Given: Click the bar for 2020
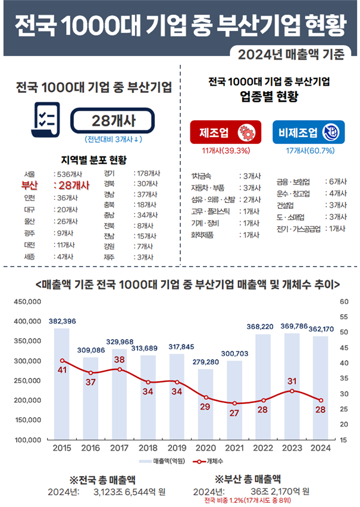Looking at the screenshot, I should click(205, 404).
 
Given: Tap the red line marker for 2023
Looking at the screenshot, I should click(291, 390).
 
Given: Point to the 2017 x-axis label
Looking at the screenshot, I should click(119, 447).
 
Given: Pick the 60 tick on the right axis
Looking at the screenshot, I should click(344, 302).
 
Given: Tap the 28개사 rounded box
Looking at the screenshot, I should click(114, 121).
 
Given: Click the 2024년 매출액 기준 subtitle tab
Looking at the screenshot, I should click(291, 55).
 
